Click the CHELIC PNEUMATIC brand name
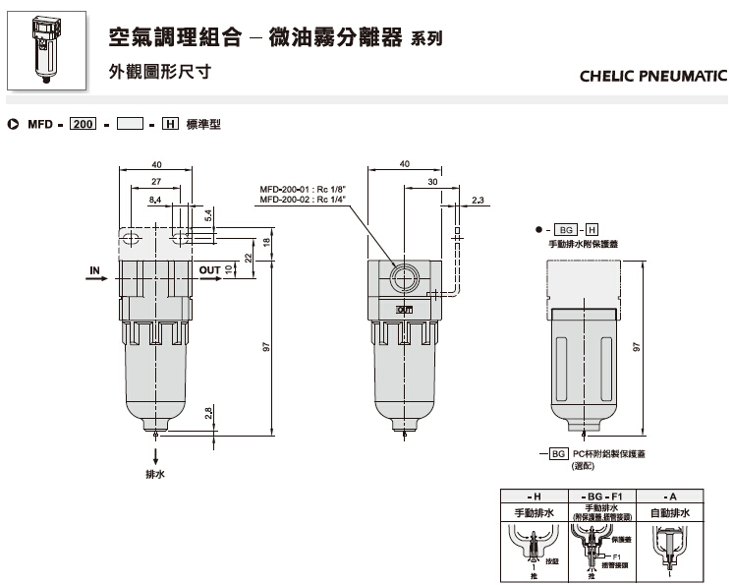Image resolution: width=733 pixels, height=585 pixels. point(653,75)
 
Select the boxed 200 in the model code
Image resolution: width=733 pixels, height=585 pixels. point(82,125)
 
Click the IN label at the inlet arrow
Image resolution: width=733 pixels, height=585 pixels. point(95,268)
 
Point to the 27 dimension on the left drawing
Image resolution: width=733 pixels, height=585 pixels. point(156,182)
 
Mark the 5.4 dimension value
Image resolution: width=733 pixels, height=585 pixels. point(207,212)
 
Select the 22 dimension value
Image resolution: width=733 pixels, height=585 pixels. point(249,257)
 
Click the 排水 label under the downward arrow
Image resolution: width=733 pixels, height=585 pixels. point(155,473)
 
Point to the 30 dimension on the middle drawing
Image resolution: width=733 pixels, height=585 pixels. point(431,182)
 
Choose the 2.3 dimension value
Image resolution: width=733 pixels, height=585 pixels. point(478,200)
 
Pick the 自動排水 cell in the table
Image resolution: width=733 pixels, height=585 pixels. point(671,513)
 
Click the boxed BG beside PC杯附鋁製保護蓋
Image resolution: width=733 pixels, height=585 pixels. point(558,453)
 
